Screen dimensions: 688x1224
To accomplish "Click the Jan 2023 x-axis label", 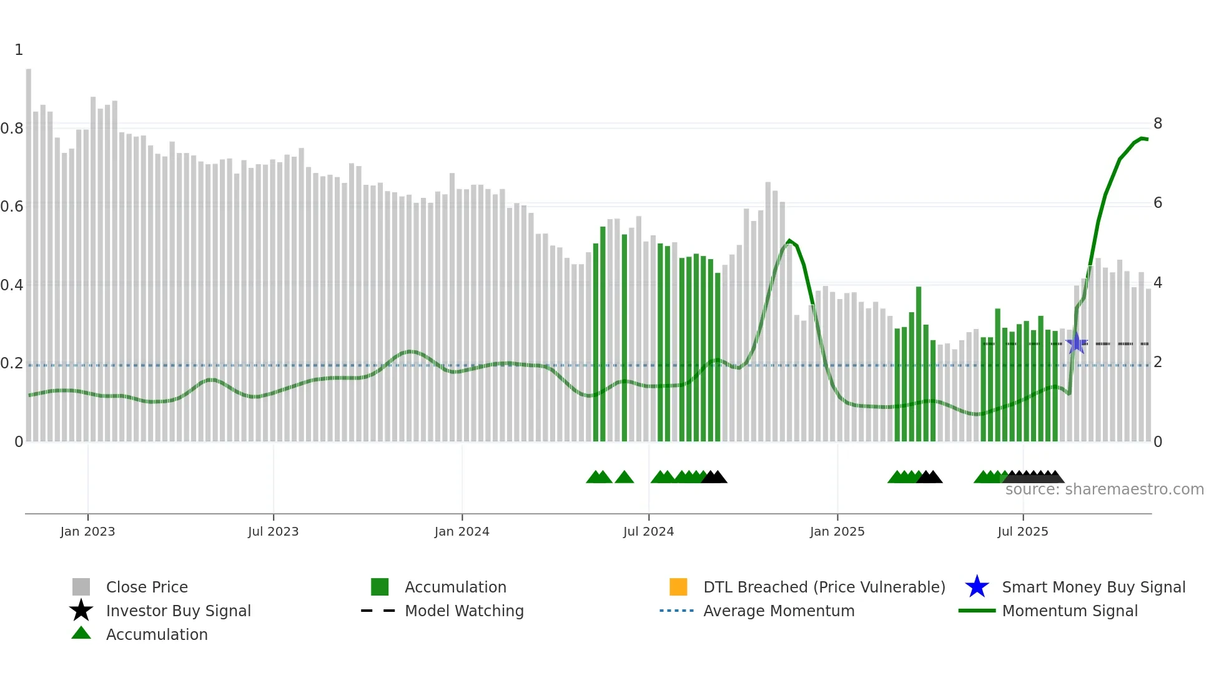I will (x=87, y=531).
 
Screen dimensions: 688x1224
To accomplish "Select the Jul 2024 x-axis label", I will (x=648, y=531).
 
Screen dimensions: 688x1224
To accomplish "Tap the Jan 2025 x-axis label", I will (x=837, y=531).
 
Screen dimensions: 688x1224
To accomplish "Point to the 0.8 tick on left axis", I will (x=12, y=129).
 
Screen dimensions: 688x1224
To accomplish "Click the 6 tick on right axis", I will (x=1158, y=203).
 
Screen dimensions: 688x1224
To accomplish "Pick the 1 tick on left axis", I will (x=19, y=50).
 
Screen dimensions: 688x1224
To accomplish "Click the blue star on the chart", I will (x=1076, y=343).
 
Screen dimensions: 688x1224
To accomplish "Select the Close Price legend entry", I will (x=147, y=587).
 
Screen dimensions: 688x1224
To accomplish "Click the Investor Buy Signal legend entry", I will (x=178, y=611).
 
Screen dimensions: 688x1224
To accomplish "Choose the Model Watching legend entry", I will (x=464, y=611).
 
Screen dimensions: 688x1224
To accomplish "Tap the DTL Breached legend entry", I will (x=824, y=587).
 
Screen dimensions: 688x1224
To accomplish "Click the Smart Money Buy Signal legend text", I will (x=1093, y=587).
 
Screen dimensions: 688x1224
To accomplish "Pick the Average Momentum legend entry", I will (x=779, y=611).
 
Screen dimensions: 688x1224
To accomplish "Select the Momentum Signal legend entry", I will (x=1070, y=611).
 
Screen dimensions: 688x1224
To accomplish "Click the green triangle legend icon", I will (x=81, y=634).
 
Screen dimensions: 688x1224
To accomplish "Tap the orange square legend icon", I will (x=678, y=587).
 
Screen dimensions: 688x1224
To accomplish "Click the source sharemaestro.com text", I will (x=1104, y=489).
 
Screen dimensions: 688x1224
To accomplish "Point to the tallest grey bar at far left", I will (x=29, y=250).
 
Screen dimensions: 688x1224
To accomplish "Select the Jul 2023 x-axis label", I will (x=273, y=531).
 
